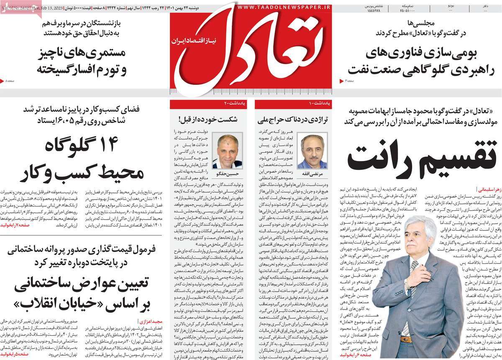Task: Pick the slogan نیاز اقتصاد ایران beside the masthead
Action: [x=190, y=41]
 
